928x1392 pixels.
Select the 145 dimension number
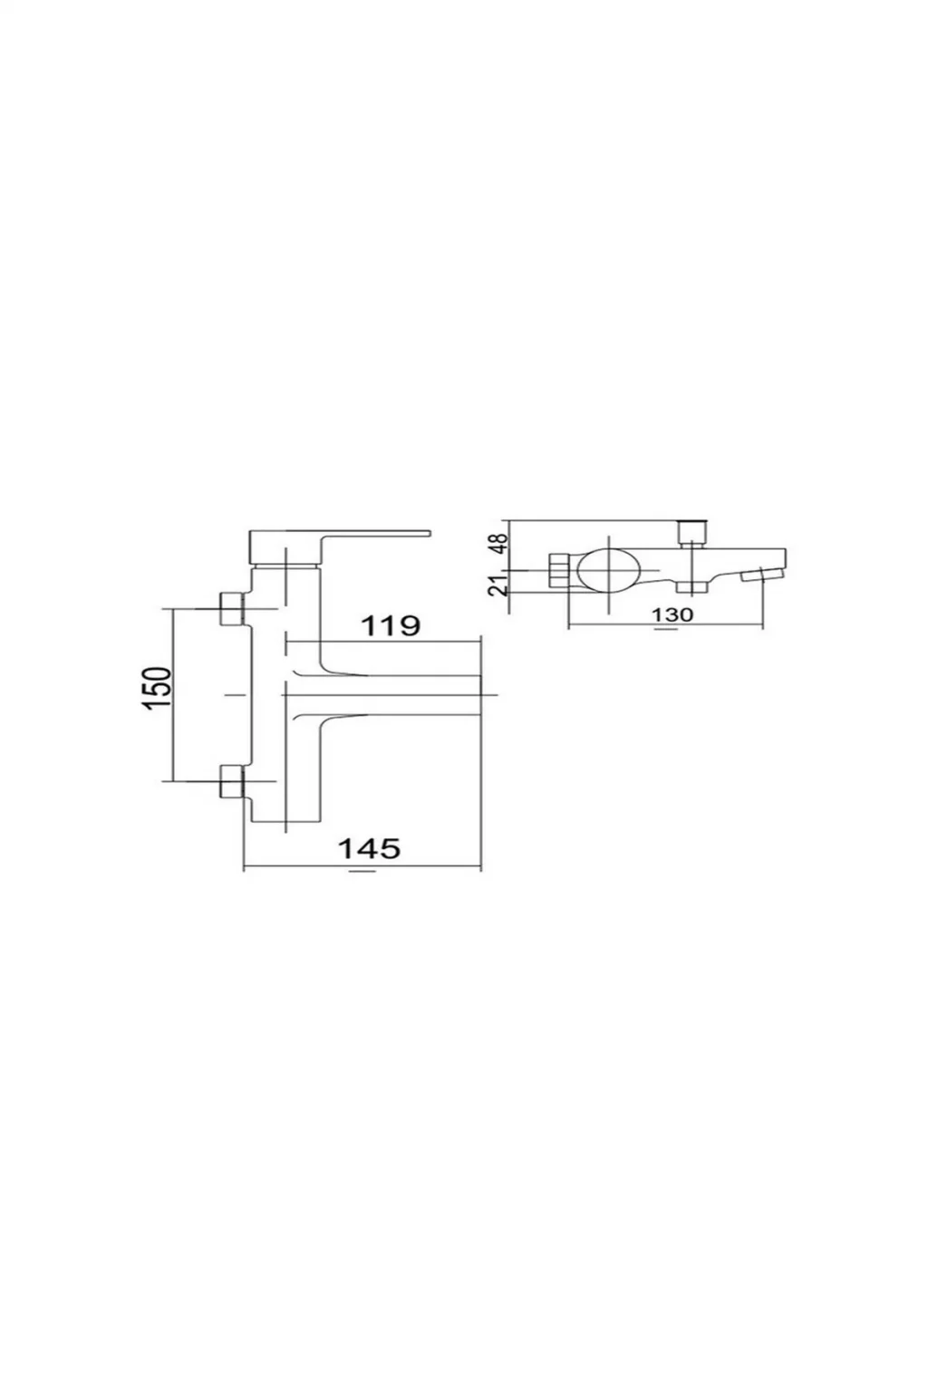pos(368,847)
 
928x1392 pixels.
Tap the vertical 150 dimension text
pos(155,689)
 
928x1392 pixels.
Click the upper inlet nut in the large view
pos(233,608)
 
